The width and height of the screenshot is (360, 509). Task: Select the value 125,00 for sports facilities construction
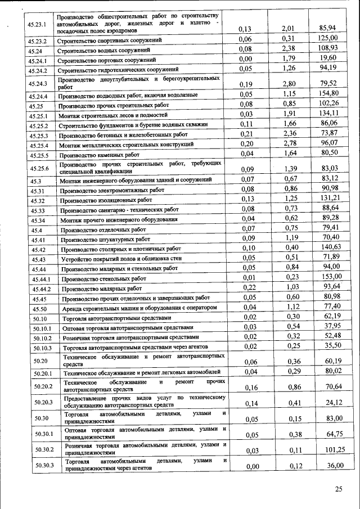click(x=327, y=38)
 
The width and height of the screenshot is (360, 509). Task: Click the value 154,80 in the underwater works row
click(x=327, y=93)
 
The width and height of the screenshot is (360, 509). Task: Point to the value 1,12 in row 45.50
click(x=290, y=307)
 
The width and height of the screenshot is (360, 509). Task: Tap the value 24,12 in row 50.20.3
click(x=332, y=402)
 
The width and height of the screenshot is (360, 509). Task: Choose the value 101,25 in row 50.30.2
click(x=332, y=449)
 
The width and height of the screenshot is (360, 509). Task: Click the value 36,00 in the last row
click(x=332, y=466)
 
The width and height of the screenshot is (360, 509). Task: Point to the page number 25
click(x=338, y=489)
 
